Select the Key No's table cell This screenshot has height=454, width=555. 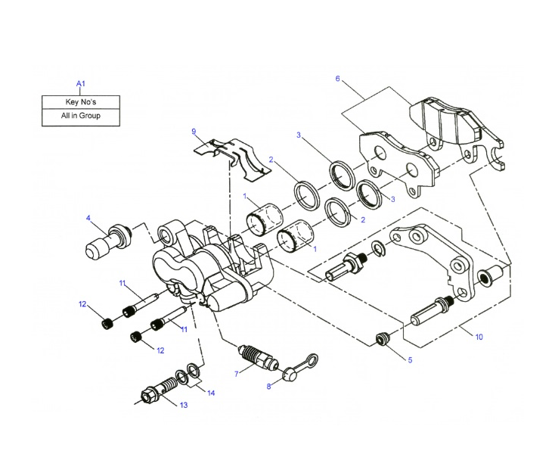pyautogui.click(x=80, y=101)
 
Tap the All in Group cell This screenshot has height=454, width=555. pyautogui.click(x=80, y=117)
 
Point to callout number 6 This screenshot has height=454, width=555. pyautogui.click(x=337, y=79)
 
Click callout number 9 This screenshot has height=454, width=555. pyautogui.click(x=194, y=132)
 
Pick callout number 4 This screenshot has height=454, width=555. pyautogui.click(x=88, y=219)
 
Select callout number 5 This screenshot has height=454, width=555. pyautogui.click(x=410, y=360)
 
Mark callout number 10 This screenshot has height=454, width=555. pyautogui.click(x=479, y=337)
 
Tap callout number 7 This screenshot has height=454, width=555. pyautogui.click(x=236, y=375)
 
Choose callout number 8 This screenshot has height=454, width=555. pyautogui.click(x=268, y=387)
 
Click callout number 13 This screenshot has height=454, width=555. pyautogui.click(x=183, y=406)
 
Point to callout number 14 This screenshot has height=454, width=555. pyautogui.click(x=211, y=393)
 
